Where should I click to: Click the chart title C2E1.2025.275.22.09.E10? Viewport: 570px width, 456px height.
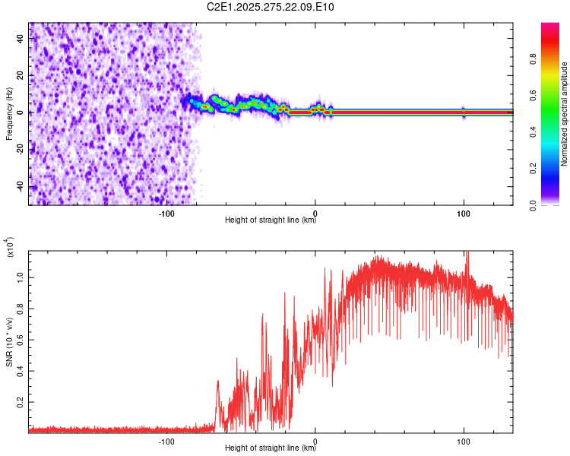click(x=271, y=8)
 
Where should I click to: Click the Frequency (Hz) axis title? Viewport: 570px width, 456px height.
click(x=9, y=114)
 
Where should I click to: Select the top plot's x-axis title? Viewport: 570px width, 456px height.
click(x=271, y=220)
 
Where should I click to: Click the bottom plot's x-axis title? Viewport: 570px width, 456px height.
click(x=271, y=448)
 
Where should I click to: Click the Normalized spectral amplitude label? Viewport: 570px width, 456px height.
click(x=565, y=114)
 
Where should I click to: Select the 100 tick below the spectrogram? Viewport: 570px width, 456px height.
click(x=463, y=212)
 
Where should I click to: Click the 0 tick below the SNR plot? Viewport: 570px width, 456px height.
click(x=315, y=440)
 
